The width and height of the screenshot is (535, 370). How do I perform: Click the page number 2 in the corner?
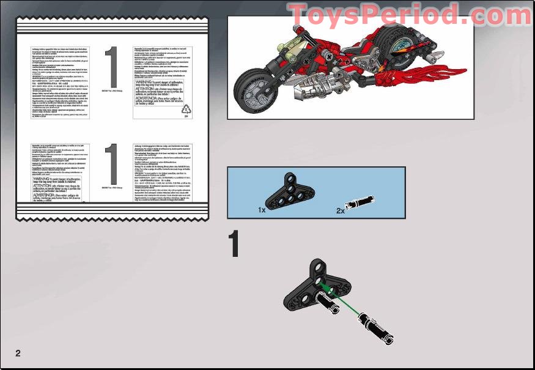tap(18, 353)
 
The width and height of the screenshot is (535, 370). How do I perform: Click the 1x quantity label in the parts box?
tap(262, 210)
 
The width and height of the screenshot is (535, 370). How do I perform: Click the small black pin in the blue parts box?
tap(358, 204)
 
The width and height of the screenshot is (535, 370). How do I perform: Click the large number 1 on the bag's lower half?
tap(111, 164)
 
